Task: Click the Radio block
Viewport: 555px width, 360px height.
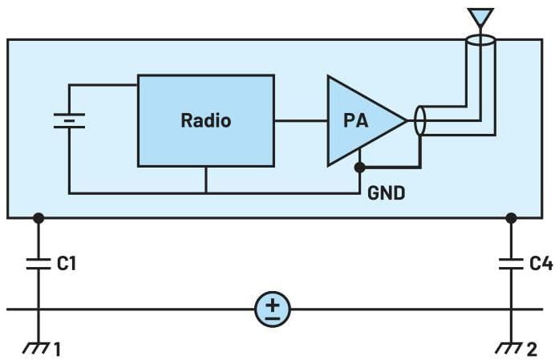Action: point(205,120)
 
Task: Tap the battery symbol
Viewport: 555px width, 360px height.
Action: point(69,120)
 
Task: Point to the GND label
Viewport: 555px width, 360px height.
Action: point(386,192)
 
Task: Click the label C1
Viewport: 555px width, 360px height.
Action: point(67,262)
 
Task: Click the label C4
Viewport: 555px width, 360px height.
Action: point(541,262)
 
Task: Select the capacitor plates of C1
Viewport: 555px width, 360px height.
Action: point(38,263)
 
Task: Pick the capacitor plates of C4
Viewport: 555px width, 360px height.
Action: point(511,263)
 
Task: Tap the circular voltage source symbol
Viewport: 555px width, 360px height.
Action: point(273,309)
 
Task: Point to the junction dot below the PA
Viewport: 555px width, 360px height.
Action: point(360,168)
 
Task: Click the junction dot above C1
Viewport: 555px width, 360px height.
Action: point(38,217)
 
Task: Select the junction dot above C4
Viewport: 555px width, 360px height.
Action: point(511,217)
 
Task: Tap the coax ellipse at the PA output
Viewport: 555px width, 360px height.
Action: point(419,122)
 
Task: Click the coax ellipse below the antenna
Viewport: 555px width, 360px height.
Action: point(480,39)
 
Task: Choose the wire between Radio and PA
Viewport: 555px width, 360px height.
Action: point(301,121)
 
